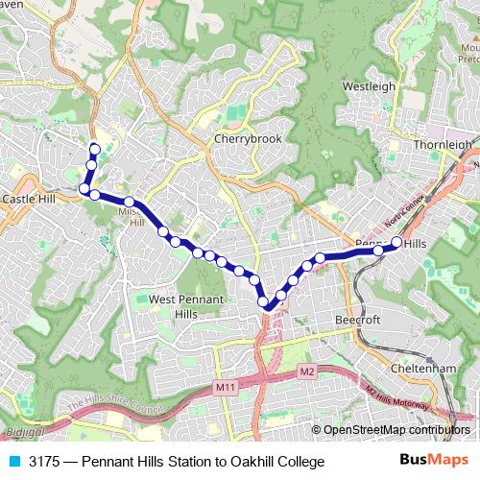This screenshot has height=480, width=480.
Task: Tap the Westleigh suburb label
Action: pyautogui.click(x=369, y=86)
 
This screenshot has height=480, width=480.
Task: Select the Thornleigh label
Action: pyautogui.click(x=444, y=145)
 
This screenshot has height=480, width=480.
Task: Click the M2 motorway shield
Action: pyautogui.click(x=306, y=371)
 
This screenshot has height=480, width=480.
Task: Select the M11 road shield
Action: pyautogui.click(x=225, y=387)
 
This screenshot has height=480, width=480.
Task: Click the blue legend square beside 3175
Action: pyautogui.click(x=13, y=462)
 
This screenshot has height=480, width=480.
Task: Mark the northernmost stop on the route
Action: pyautogui.click(x=94, y=148)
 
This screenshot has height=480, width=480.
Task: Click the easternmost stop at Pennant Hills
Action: pyautogui.click(x=396, y=242)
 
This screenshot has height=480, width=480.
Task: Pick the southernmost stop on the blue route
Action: pyautogui.click(x=269, y=305)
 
